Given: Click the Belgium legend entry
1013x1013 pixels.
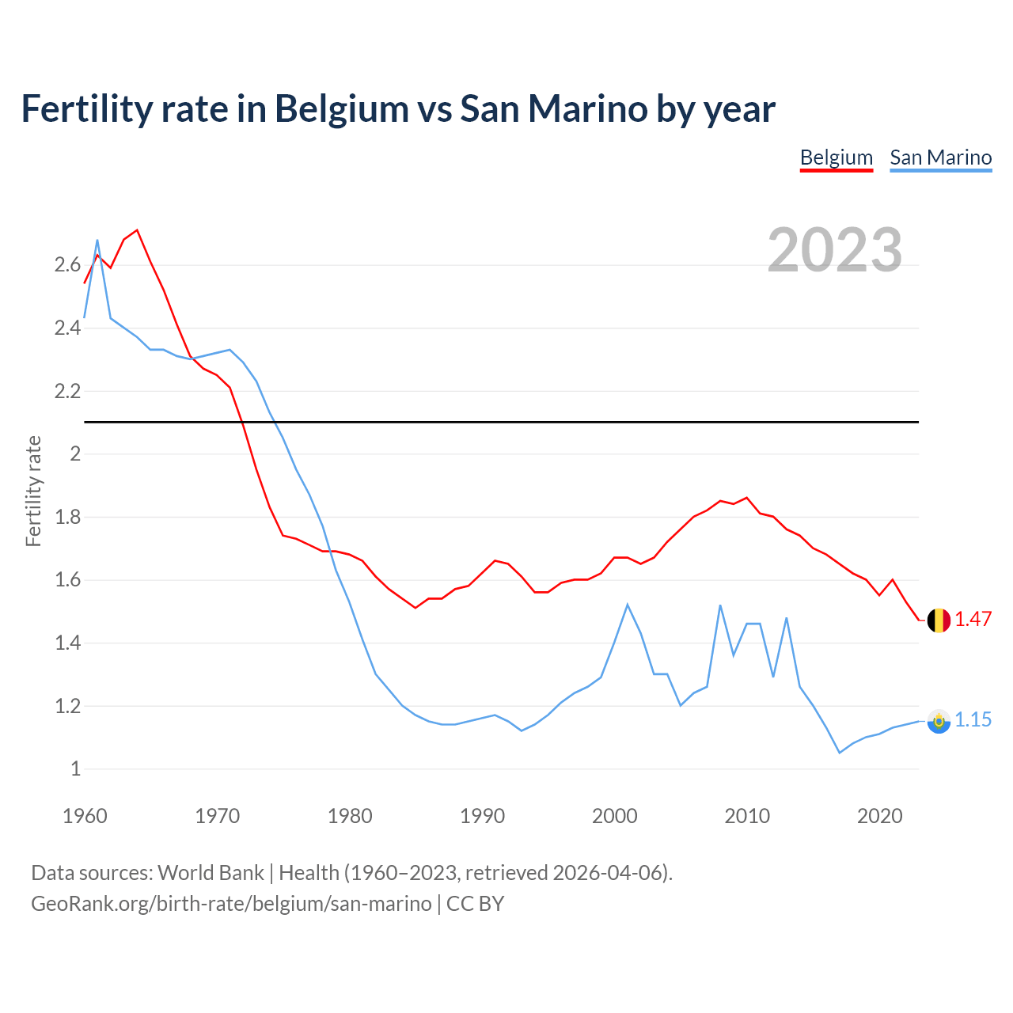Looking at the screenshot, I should (836, 157).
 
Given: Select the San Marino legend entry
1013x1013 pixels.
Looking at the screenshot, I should (940, 157).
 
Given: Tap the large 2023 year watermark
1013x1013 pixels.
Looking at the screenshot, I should (834, 250).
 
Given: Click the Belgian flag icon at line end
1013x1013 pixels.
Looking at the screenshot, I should (939, 620).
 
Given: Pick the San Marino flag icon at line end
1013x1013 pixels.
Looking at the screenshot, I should (939, 721).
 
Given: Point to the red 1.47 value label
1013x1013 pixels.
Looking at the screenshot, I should (973, 619).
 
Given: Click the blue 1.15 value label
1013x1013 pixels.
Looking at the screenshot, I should (973, 719).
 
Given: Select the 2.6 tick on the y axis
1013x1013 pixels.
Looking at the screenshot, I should (67, 265).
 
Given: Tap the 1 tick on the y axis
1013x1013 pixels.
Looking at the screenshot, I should (75, 768).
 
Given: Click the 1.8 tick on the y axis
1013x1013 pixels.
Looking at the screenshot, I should (67, 517).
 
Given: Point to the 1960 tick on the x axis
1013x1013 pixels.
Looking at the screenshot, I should (85, 816).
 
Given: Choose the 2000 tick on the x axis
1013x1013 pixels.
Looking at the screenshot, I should (614, 816).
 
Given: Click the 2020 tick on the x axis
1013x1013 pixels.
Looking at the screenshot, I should (879, 816).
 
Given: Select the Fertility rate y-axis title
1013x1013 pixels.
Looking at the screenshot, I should (33, 491).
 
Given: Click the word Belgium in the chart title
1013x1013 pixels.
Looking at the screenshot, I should (341, 108).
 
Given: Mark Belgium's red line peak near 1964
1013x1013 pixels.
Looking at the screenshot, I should (137, 230).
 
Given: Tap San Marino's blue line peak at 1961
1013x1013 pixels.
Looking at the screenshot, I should (97, 240).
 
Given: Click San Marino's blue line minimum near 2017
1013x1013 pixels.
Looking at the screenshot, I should (840, 753).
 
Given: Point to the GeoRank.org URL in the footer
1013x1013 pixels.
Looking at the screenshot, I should (231, 904).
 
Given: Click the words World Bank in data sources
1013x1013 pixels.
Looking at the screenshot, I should (211, 873).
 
